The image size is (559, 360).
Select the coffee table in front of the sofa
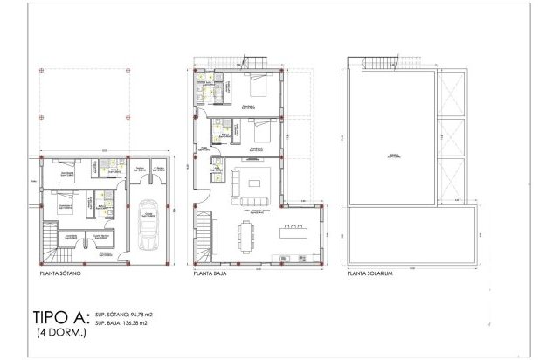click(254, 184)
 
